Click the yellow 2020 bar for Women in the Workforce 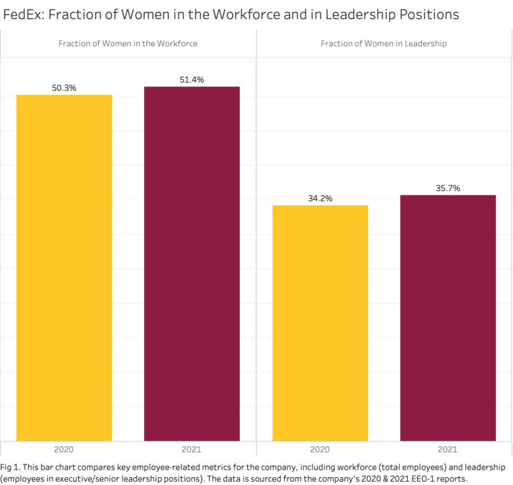64,268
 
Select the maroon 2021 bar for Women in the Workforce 192,264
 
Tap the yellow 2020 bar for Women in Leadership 320,323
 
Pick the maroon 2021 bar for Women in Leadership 448,318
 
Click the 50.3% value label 64,88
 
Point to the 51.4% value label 192,79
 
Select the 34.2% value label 320,199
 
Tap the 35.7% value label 448,188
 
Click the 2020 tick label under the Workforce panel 63,449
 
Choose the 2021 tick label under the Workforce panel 191,449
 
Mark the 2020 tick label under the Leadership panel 320,449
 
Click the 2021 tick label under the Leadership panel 448,449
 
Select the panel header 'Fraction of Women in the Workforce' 128,44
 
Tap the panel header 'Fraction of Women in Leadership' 383,44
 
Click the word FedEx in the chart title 23,14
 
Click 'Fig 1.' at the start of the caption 10,467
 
